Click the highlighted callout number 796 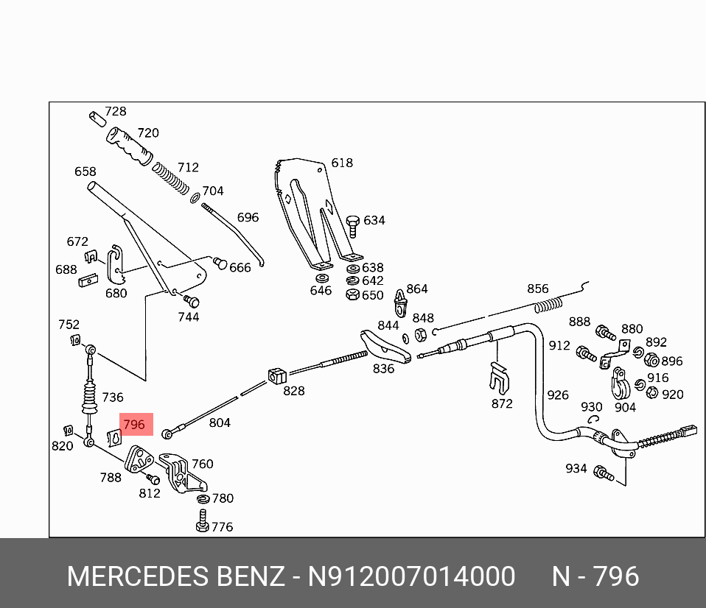(x=133, y=425)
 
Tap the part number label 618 (x=342, y=163)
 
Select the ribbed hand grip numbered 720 (x=128, y=146)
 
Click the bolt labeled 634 (x=353, y=225)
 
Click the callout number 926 (x=558, y=395)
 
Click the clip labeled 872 (x=500, y=379)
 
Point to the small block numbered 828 (x=276, y=373)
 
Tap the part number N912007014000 (x=411, y=576)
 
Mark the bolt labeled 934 (x=604, y=473)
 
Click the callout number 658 (x=85, y=172)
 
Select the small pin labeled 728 (x=96, y=118)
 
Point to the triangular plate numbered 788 (x=138, y=461)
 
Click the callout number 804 (x=220, y=423)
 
